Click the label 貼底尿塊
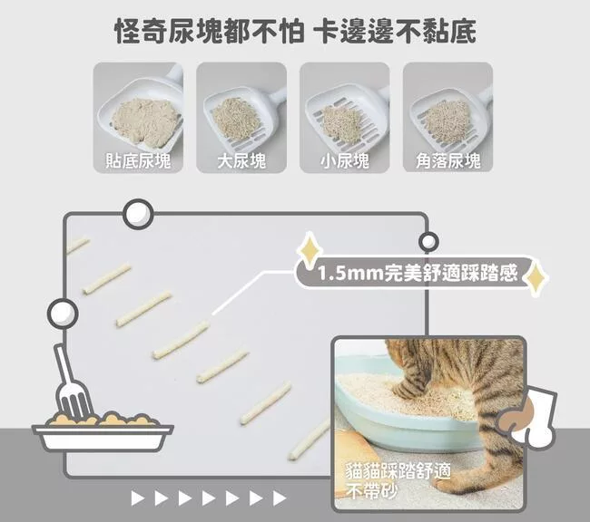[x=138, y=160]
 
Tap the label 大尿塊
[x=241, y=160]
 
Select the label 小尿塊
[x=345, y=160]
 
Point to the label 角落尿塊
[x=448, y=160]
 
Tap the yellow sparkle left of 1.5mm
[x=310, y=251]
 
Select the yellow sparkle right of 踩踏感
[x=536, y=277]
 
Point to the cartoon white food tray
[x=103, y=438]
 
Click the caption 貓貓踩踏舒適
[x=398, y=471]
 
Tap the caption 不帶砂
[x=372, y=491]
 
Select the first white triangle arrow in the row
[x=137, y=498]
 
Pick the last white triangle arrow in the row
[x=280, y=498]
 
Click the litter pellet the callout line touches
[x=181, y=340]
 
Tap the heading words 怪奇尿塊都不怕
[x=209, y=31]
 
